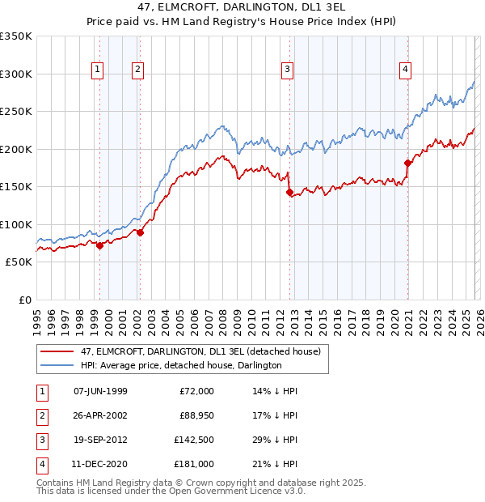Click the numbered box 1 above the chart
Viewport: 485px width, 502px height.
[x=98, y=70]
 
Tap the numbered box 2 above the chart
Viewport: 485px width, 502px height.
[x=138, y=70]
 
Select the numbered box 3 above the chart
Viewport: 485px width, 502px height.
[x=287, y=70]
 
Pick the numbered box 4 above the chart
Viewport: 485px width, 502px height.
[x=404, y=70]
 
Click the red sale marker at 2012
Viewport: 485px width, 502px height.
[x=289, y=193]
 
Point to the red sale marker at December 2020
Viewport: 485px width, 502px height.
[x=407, y=164]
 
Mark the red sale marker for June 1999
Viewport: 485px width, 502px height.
[x=100, y=245]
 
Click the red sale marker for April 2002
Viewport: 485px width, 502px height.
[x=141, y=233]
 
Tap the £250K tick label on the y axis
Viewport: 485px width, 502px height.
[x=16, y=112]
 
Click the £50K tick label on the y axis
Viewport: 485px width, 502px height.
[x=19, y=262]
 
